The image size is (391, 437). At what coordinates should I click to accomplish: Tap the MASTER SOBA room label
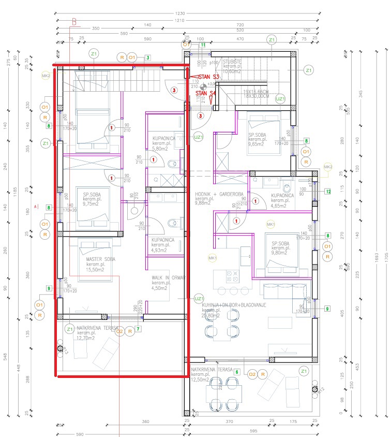click(101, 259)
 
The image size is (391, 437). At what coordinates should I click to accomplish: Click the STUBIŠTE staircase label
click(232, 61)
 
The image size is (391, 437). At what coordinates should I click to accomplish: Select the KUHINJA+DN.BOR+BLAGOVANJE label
click(233, 305)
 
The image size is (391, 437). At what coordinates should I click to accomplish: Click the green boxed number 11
click(203, 46)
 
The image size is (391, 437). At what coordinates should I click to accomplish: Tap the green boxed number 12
click(327, 191)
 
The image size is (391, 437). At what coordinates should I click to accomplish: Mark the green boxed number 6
click(236, 372)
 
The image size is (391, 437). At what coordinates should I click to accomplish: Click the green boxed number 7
click(138, 329)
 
